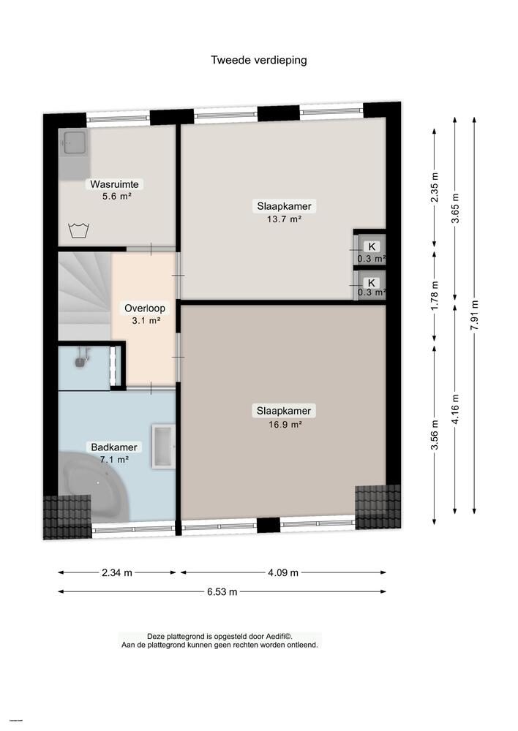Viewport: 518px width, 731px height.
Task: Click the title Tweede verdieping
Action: tap(259, 60)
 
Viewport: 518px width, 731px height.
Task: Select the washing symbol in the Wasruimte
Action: tap(78, 231)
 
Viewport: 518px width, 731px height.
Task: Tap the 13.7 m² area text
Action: tap(283, 219)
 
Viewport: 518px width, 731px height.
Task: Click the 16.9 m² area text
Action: tap(283, 423)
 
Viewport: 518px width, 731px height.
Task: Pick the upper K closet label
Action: tap(372, 246)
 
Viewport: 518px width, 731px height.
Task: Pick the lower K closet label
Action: tap(372, 283)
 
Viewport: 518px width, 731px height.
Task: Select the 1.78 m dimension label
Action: tap(435, 292)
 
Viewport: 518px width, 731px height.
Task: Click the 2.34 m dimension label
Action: tap(117, 573)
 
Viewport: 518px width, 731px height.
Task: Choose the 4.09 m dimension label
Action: tap(284, 573)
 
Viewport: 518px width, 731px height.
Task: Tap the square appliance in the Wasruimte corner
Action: tap(74, 143)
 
